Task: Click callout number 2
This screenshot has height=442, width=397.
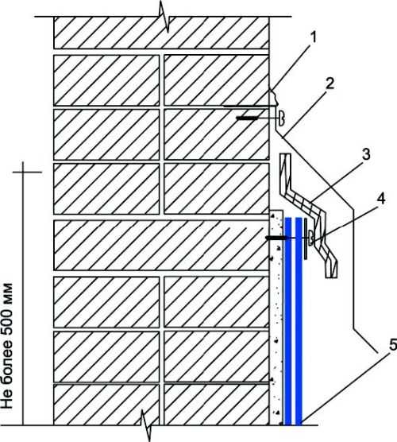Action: coord(330,84)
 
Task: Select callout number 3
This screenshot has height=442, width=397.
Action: coord(366,154)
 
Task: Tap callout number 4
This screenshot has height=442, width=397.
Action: coord(380,200)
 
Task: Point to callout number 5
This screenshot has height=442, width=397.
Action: coord(392,345)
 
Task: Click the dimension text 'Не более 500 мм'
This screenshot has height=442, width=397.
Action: coord(7,346)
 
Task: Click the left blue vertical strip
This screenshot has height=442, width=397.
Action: coord(287,321)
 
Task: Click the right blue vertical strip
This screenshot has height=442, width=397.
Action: coord(299,321)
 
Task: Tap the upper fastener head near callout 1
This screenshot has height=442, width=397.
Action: coord(281,118)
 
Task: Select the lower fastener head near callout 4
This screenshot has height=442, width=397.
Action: coord(310,238)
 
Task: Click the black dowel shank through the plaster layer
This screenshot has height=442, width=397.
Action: coord(277,238)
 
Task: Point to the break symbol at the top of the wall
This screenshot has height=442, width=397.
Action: coord(164,17)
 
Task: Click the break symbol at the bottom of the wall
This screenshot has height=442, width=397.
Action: coord(145,425)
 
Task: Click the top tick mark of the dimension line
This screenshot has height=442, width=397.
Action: coord(27,172)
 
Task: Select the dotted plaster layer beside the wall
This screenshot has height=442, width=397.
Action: coord(276,317)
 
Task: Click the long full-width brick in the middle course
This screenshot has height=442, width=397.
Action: coord(161,245)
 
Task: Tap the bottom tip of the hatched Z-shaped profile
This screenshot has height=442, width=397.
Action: coord(332,277)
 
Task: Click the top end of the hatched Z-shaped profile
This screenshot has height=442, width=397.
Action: coord(285,154)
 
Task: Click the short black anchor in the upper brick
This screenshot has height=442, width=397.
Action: coord(247,118)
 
